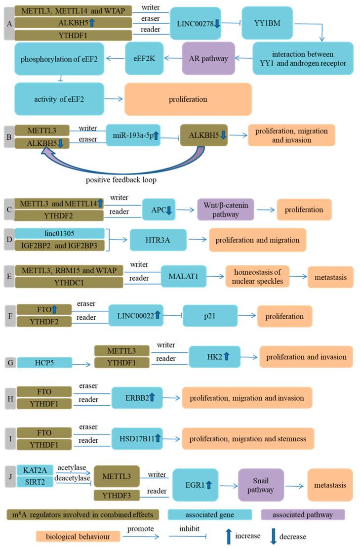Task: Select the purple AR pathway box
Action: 208,58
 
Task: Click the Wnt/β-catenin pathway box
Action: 226,210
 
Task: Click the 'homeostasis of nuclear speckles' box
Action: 258,277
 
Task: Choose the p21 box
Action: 210,316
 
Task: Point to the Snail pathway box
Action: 261,485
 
